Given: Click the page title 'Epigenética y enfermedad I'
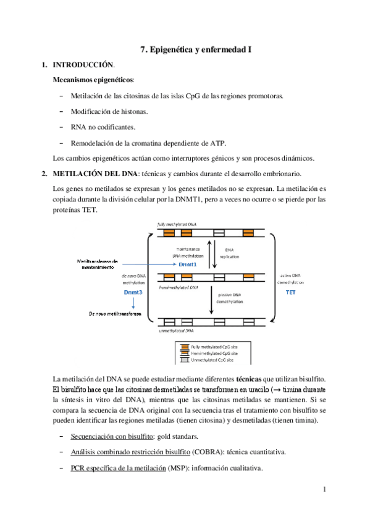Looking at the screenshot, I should [x=201, y=49].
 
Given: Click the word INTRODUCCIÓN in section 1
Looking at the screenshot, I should [x=83, y=65].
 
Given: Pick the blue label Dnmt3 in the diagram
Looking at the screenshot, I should [x=133, y=292].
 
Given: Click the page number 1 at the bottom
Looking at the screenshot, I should [x=324, y=490].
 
